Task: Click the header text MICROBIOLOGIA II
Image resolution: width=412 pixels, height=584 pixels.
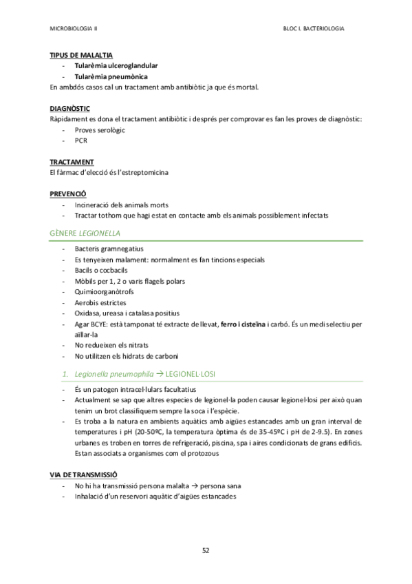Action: coord(74,29)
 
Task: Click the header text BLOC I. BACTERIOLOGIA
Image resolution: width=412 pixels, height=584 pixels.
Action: coord(314,29)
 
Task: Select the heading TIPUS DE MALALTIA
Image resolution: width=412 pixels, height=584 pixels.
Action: coord(82,54)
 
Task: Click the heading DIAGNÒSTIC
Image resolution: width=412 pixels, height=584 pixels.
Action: coord(70,109)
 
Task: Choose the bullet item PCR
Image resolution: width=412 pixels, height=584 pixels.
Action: coord(81,140)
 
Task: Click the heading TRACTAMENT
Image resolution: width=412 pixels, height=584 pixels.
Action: coord(72,162)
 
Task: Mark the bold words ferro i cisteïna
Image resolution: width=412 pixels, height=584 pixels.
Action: coord(243,324)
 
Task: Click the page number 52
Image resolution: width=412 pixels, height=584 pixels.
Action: coord(206,550)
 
